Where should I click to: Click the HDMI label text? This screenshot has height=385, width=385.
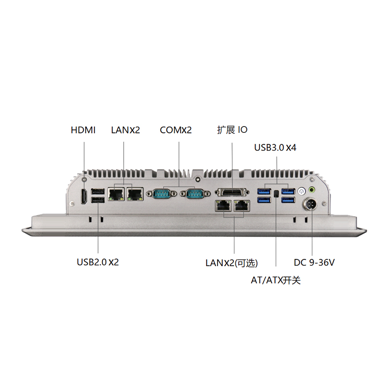(x=83, y=130)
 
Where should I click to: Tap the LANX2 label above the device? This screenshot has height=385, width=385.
(x=126, y=130)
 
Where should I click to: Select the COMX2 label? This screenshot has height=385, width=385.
(x=176, y=130)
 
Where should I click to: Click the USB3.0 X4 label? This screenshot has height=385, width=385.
(x=275, y=148)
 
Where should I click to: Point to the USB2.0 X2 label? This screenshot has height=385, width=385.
(x=98, y=262)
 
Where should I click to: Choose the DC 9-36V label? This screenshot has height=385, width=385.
(x=314, y=262)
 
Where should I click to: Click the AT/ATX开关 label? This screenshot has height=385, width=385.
(x=275, y=280)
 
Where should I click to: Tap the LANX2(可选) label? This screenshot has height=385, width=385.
(x=231, y=263)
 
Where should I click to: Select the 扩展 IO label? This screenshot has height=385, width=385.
(x=232, y=130)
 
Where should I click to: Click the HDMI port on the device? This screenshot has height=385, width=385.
(x=84, y=196)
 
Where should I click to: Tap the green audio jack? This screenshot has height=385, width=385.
(x=312, y=190)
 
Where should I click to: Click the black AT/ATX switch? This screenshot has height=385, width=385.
(x=276, y=194)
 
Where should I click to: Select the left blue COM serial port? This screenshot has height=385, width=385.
(x=161, y=194)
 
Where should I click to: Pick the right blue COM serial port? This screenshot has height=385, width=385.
(x=195, y=194)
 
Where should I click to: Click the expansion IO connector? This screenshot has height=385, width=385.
(x=232, y=192)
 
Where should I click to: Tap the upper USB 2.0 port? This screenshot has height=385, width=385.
(x=98, y=192)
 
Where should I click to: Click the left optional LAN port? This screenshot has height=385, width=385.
(x=223, y=205)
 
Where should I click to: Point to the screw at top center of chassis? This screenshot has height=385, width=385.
(x=198, y=180)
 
